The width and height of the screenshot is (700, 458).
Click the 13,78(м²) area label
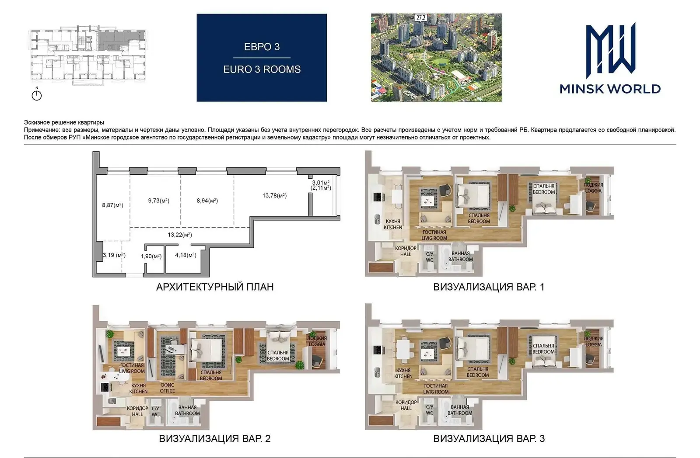click(x=274, y=196)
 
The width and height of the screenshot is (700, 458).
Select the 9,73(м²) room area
click(x=159, y=201)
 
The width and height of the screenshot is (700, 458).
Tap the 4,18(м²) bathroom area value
click(x=185, y=255)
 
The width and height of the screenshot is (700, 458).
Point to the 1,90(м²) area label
click(x=151, y=257)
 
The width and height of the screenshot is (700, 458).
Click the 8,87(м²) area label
click(x=112, y=205)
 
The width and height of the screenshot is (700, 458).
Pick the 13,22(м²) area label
click(x=180, y=235)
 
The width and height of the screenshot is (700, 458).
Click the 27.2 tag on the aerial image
click(x=421, y=18)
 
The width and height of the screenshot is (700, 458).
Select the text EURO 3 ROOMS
click(x=262, y=69)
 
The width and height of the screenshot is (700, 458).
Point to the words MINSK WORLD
click(x=610, y=89)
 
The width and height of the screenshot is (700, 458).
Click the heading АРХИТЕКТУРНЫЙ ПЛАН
click(x=215, y=287)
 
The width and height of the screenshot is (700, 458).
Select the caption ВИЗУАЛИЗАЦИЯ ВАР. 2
click(x=215, y=439)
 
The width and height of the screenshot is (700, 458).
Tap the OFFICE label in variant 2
click(x=168, y=391)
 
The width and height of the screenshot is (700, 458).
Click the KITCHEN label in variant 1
click(x=393, y=227)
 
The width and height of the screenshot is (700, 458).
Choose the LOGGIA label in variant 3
click(x=593, y=344)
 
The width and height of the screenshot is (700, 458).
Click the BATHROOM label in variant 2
click(x=187, y=413)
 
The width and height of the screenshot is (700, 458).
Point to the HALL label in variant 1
click(x=406, y=254)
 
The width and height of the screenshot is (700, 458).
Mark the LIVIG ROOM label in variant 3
click(x=436, y=392)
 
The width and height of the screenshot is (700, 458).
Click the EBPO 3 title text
click(x=262, y=47)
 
